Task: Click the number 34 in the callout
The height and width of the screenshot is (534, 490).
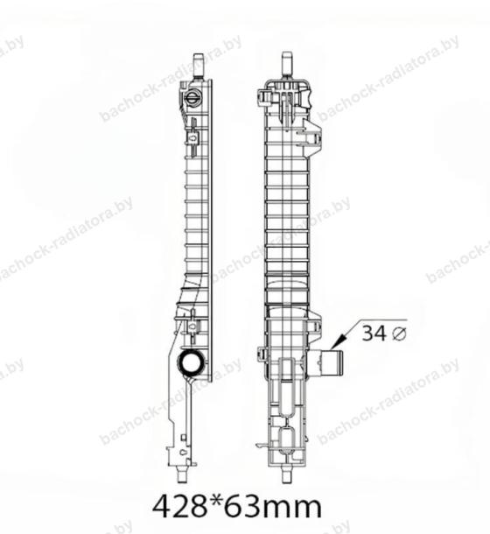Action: [374, 333]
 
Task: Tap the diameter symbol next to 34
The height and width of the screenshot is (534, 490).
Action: [399, 334]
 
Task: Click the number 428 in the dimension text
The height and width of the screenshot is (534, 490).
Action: [179, 507]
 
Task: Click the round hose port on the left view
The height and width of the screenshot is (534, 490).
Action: [192, 362]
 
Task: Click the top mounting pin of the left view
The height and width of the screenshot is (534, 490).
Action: [198, 65]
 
